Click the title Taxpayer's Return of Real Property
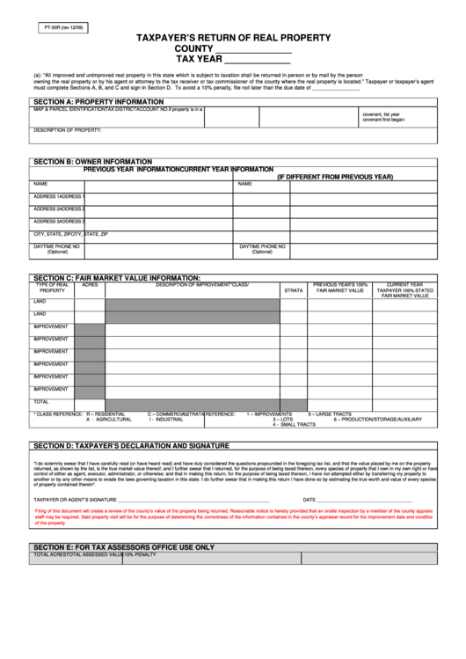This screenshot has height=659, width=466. (x=232, y=38)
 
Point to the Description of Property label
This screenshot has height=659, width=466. (x=68, y=130)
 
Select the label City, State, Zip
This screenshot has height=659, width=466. (x=70, y=235)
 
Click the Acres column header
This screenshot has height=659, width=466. (x=90, y=285)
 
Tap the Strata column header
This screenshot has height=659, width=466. (x=293, y=290)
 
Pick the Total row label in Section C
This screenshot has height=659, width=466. (x=41, y=401)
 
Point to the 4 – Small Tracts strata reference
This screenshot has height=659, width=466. (x=294, y=424)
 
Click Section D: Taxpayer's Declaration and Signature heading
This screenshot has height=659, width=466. (x=131, y=445)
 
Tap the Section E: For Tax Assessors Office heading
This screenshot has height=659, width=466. (x=124, y=546)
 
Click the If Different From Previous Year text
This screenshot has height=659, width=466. (x=335, y=177)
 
